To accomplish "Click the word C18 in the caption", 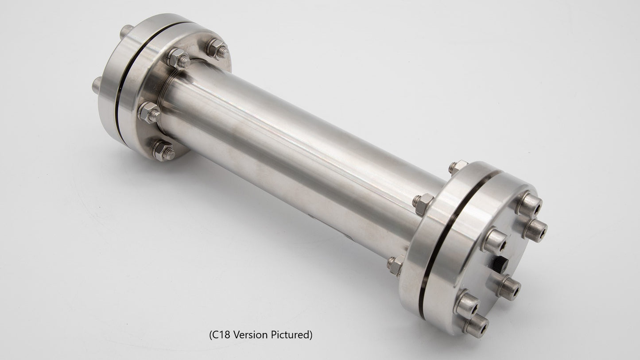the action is click(x=221, y=335).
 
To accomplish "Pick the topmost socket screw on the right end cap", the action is click(x=530, y=205).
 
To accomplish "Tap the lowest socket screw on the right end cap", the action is click(x=475, y=326).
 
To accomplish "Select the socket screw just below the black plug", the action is click(x=508, y=287).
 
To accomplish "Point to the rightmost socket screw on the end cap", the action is click(x=536, y=230).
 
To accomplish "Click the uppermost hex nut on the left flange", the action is click(x=217, y=49).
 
